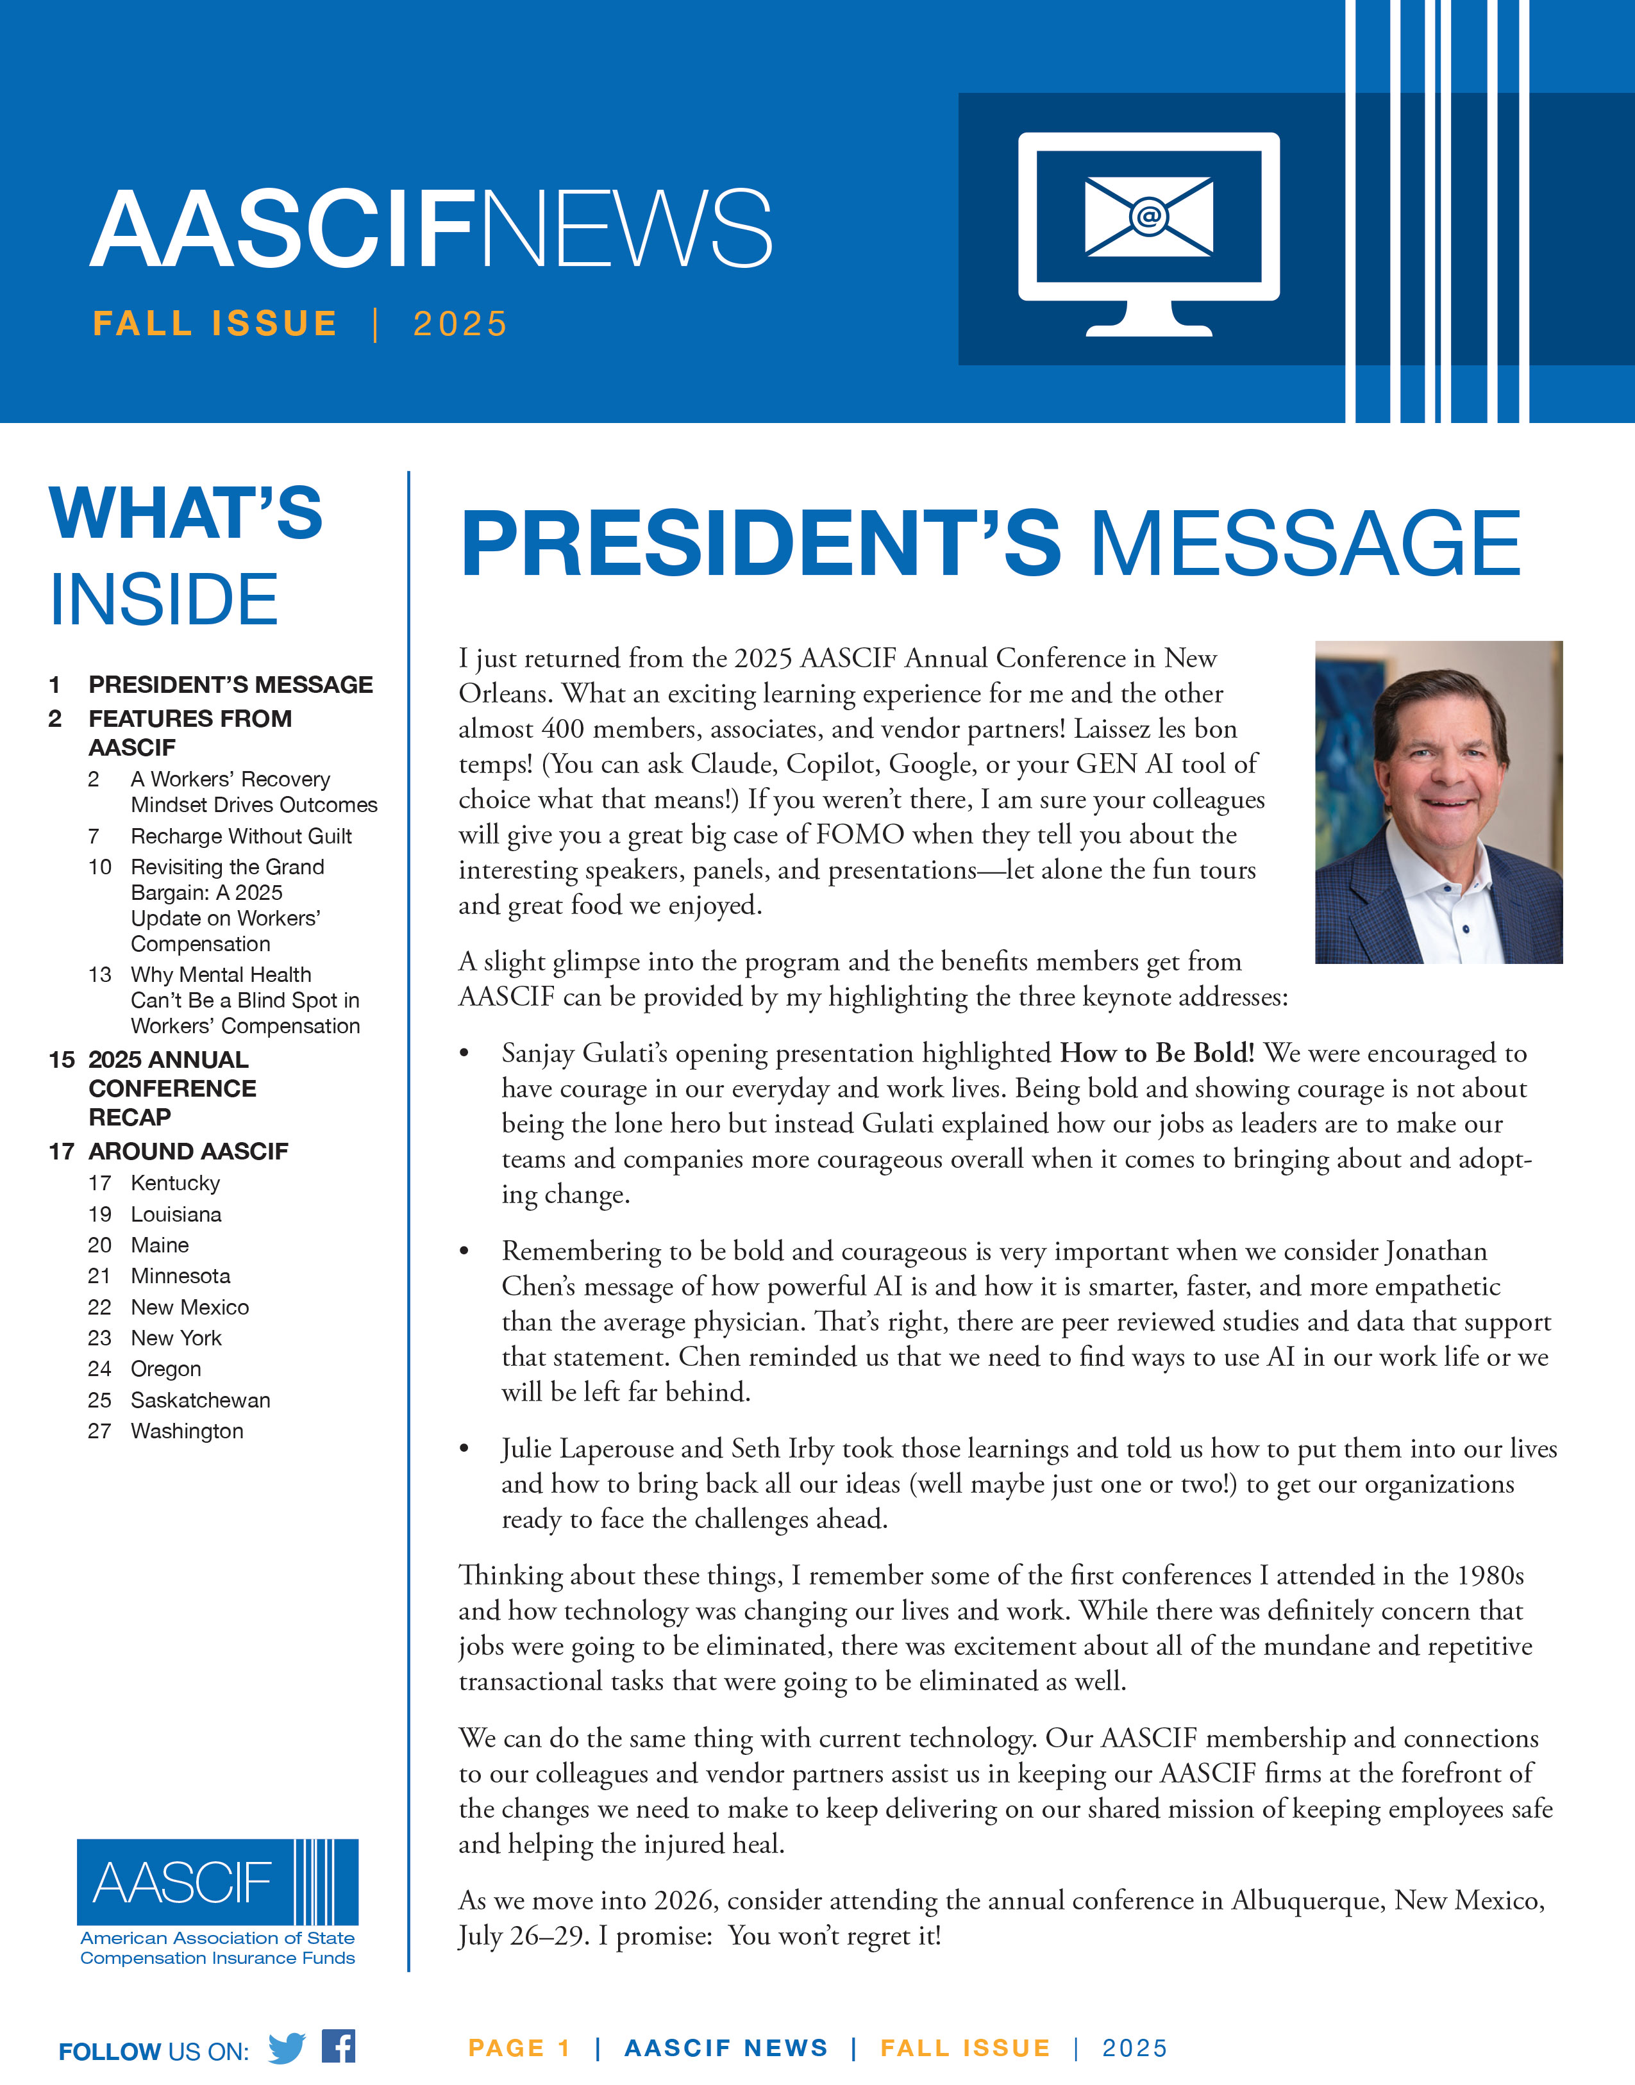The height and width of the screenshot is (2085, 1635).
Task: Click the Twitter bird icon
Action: tap(286, 2048)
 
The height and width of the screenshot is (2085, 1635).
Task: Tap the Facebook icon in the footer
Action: tap(338, 2046)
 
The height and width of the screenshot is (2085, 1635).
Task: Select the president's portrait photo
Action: tap(1438, 802)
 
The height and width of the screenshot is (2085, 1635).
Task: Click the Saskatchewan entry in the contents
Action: tap(200, 1400)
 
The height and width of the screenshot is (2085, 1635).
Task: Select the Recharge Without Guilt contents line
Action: tap(241, 836)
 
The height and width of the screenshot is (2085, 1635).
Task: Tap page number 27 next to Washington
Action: tap(99, 1431)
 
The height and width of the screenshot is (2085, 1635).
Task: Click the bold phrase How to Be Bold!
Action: tap(1157, 1054)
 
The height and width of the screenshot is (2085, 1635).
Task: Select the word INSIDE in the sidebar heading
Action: tap(163, 600)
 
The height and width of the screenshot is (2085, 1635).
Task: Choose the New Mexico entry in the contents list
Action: tap(190, 1307)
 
